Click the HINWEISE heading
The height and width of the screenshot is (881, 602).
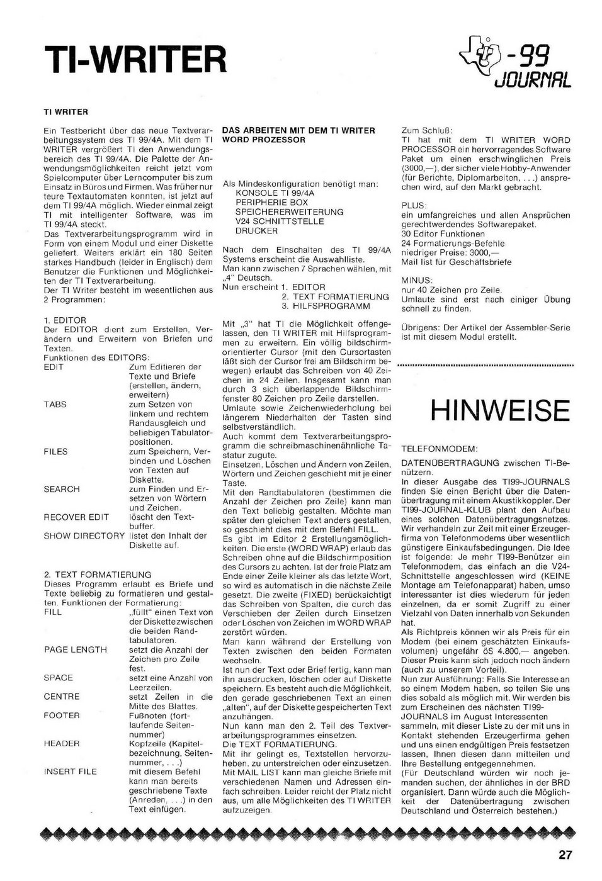point(500,410)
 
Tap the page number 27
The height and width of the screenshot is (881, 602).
point(565,855)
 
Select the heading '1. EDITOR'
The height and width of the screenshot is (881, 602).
point(65,320)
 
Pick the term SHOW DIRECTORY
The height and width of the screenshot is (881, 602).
point(84,536)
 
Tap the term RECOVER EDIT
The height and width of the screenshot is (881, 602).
point(76,517)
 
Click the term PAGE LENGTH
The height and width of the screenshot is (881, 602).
point(75,649)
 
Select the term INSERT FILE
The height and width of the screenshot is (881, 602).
point(71,772)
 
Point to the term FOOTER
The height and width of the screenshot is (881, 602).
point(62,715)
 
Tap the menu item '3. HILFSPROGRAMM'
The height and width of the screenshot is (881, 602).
point(326,306)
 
